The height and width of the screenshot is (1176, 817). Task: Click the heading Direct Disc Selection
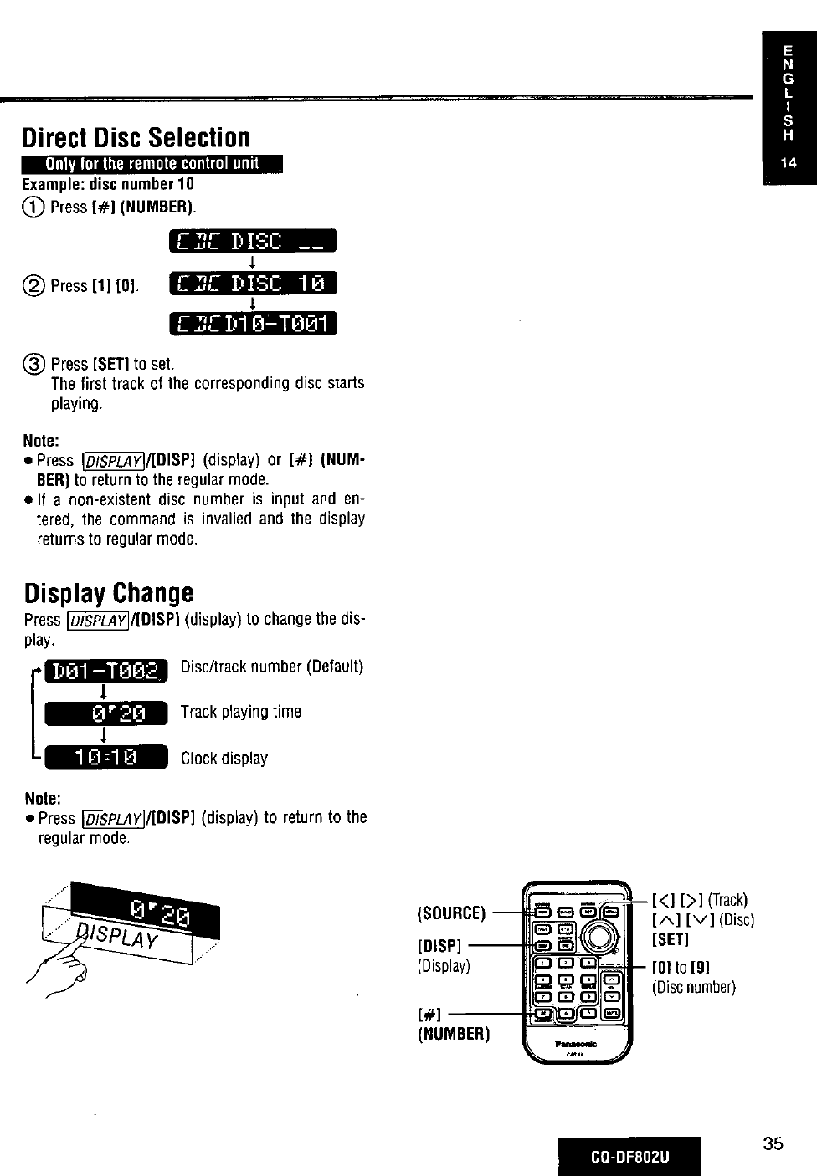(x=136, y=137)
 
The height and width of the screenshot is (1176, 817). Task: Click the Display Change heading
(x=109, y=593)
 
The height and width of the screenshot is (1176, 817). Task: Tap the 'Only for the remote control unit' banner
(x=153, y=163)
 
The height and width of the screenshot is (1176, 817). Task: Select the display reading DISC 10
(x=252, y=284)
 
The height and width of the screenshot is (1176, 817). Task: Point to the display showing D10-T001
(x=252, y=323)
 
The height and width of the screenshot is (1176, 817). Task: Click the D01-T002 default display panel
(x=105, y=671)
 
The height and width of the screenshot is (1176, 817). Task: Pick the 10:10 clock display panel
(x=105, y=757)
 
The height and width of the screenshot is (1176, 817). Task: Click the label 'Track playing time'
(x=241, y=712)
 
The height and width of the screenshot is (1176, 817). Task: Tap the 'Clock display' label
(x=224, y=759)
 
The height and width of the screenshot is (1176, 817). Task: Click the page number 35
(x=773, y=1143)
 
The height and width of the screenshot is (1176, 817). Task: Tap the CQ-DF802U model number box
(x=630, y=1157)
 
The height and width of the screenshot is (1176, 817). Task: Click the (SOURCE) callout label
(x=451, y=913)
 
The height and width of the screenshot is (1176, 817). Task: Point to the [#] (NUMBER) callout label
(x=452, y=1025)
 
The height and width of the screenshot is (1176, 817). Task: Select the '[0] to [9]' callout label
(x=681, y=968)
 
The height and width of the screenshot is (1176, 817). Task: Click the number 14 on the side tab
(x=789, y=163)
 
